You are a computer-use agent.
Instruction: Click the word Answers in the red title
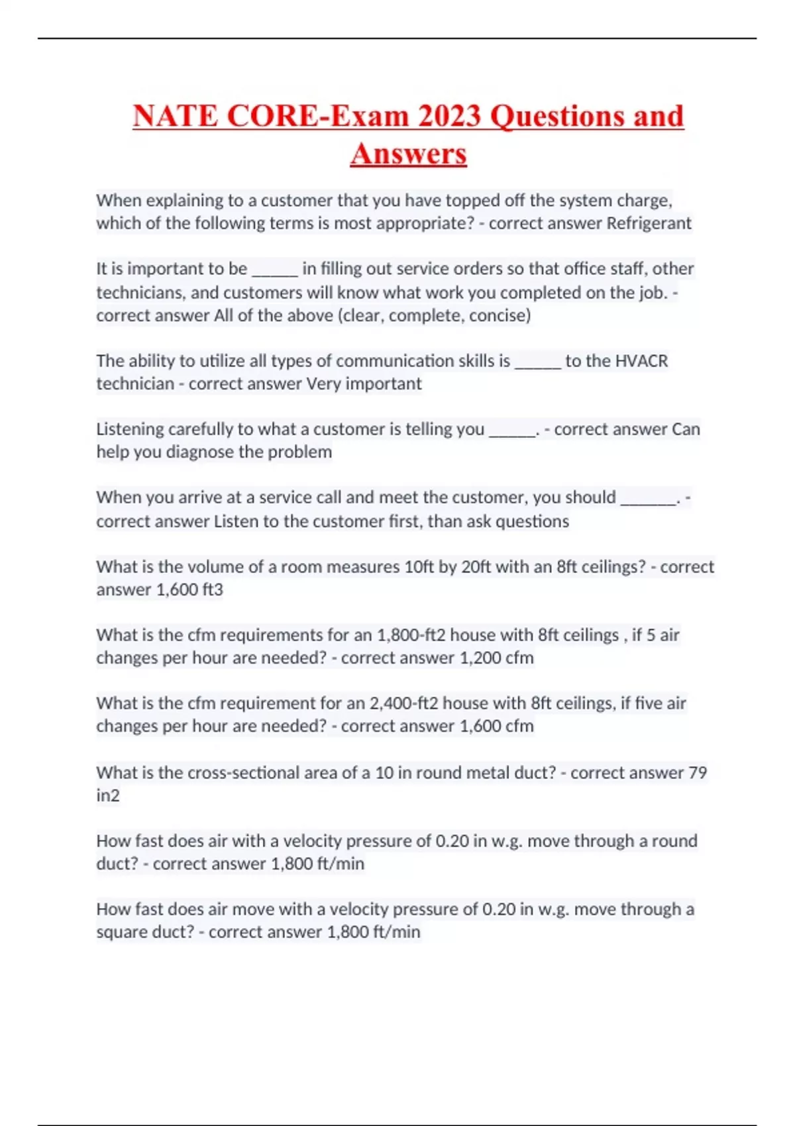point(408,154)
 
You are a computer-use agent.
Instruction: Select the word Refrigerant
point(649,223)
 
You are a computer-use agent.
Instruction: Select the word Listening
point(130,429)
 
